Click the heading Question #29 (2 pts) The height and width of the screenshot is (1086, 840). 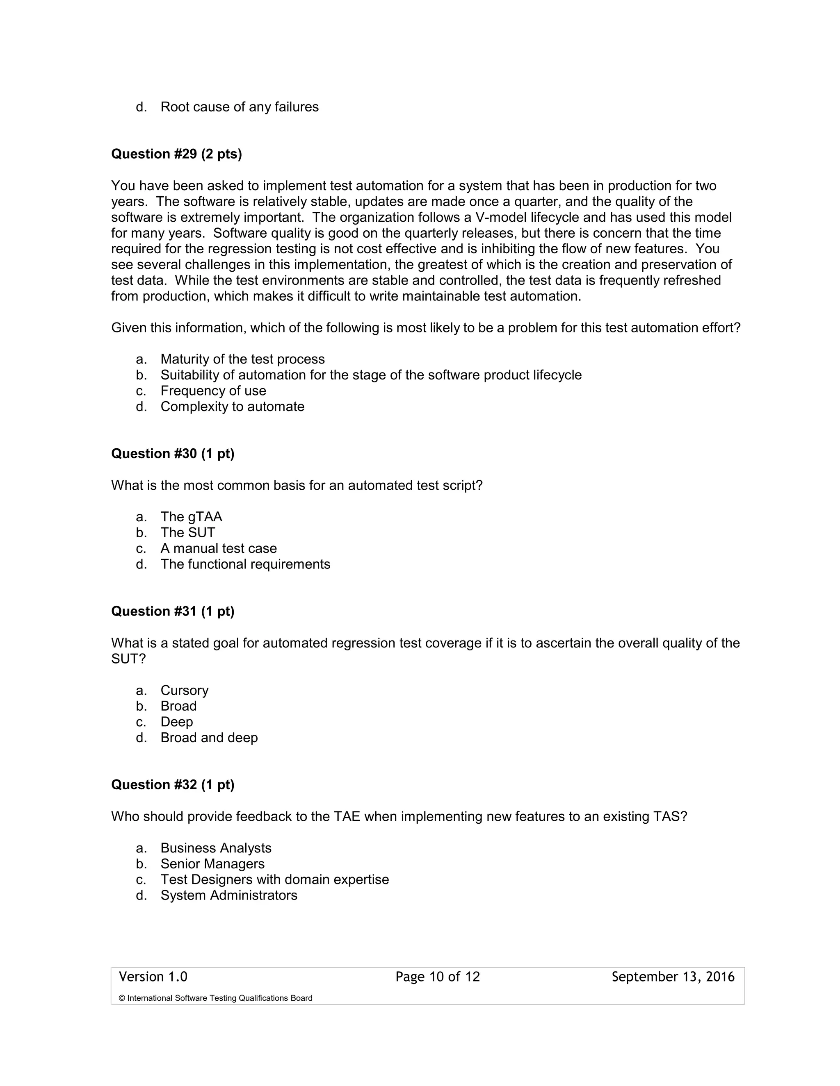click(176, 154)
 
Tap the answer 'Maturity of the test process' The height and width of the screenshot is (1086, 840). click(242, 359)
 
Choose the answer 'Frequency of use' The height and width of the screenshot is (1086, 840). click(213, 391)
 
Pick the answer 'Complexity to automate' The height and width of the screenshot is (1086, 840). click(232, 407)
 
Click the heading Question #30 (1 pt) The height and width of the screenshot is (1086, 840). click(172, 454)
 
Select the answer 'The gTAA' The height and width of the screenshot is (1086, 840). click(191, 517)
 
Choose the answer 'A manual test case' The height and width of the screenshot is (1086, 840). click(219, 548)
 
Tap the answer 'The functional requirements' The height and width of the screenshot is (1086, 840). click(245, 564)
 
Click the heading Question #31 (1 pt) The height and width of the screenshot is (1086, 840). click(172, 611)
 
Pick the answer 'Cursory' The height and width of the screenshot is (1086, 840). click(184, 690)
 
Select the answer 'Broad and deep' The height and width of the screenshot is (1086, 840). click(209, 737)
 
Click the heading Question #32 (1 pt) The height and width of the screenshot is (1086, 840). click(172, 785)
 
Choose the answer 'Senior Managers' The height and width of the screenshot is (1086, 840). click(212, 864)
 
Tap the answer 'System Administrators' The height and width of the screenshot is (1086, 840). click(228, 895)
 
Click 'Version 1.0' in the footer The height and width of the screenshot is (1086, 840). click(153, 977)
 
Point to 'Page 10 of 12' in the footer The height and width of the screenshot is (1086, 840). click(437, 977)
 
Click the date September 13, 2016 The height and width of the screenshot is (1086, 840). click(673, 977)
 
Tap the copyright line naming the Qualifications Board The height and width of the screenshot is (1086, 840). click(215, 998)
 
